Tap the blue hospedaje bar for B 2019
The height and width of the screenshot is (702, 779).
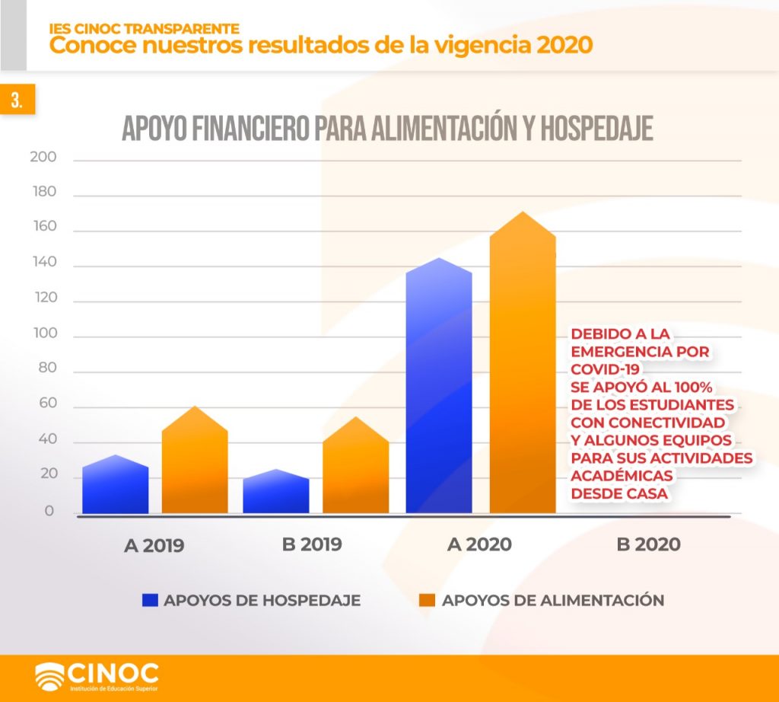pos(275,491)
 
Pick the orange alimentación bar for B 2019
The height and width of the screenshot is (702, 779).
pos(356,465)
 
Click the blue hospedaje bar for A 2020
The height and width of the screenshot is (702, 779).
pos(439,385)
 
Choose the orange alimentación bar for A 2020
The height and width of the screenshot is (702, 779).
pos(523,362)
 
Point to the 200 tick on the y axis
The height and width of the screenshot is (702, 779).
pos(43,157)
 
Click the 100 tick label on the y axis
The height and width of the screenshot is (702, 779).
pos(45,333)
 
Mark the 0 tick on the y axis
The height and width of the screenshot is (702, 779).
pos(49,511)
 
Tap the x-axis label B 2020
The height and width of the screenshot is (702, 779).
pos(648,544)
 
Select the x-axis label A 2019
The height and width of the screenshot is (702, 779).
pos(154,545)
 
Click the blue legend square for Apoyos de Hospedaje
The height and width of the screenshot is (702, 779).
pos(150,600)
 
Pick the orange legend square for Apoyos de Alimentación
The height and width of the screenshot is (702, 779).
pos(428,600)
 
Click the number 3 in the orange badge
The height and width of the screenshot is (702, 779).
pos(17,100)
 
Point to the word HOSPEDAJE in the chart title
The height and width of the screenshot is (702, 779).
pos(596,128)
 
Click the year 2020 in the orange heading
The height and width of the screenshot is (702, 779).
pos(565,45)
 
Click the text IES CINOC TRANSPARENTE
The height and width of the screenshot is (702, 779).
pos(144,28)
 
